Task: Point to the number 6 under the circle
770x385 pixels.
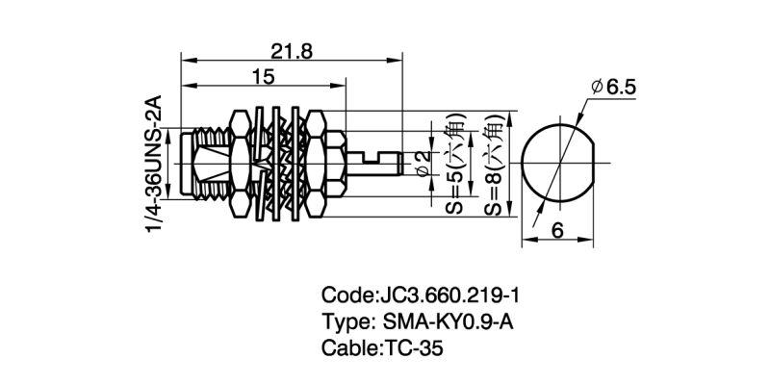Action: [557, 230]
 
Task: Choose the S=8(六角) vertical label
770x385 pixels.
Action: [492, 166]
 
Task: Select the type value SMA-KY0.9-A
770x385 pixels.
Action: [450, 321]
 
